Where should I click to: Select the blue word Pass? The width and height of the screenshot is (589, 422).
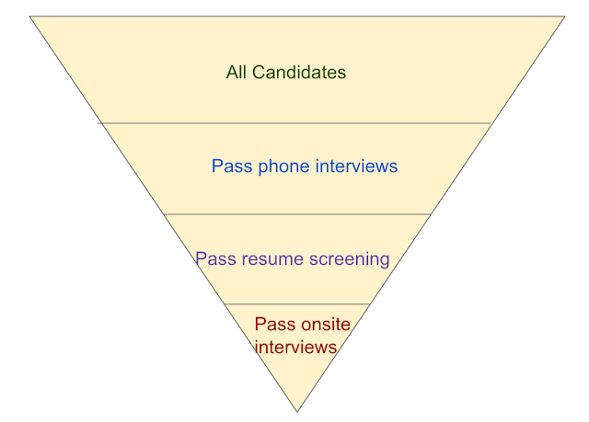[x=230, y=166]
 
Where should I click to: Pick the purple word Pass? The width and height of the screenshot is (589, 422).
[x=214, y=258]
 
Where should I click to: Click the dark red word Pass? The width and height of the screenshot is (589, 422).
[x=273, y=324]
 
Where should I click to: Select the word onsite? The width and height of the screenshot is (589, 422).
[x=325, y=324]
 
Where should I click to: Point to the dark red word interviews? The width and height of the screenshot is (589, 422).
[x=295, y=347]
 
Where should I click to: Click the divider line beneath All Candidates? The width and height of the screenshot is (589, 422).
[x=294, y=122]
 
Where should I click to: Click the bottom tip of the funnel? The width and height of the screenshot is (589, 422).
[x=297, y=411]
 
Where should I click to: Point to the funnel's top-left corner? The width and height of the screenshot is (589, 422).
[x=30, y=17]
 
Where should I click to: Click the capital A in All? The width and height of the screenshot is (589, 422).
[x=231, y=72]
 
